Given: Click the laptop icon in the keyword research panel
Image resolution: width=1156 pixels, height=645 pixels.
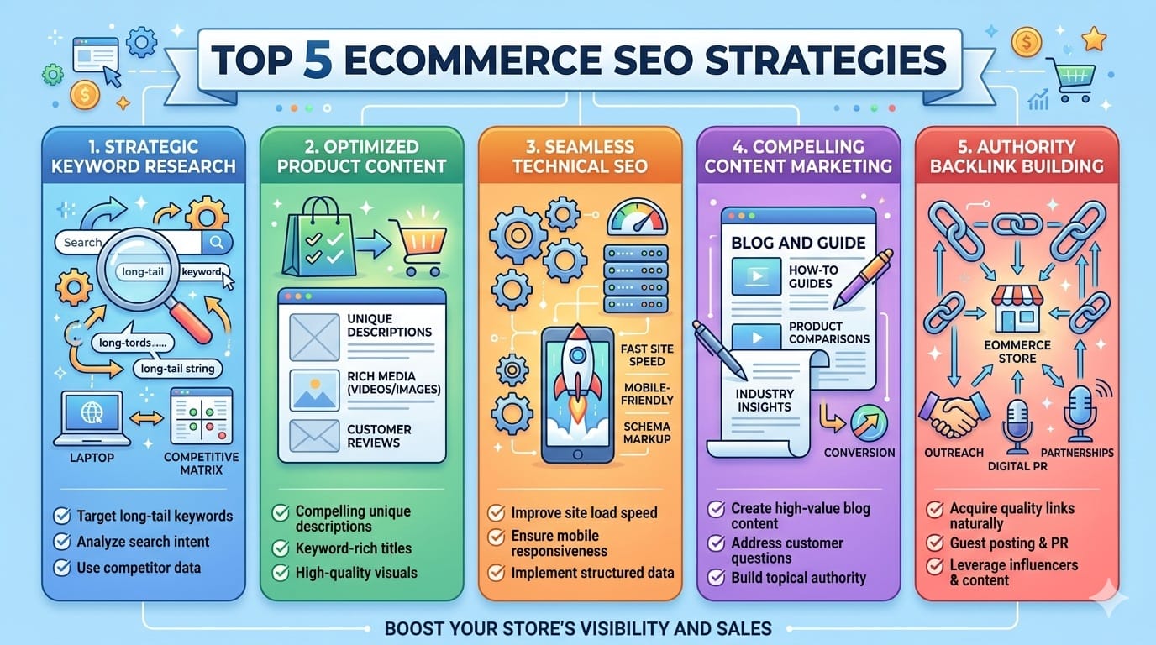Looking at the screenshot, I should coord(92,418).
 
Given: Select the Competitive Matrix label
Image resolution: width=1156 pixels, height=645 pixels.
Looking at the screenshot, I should coord(200,463).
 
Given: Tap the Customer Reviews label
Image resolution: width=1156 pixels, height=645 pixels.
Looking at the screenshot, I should coord(379,436).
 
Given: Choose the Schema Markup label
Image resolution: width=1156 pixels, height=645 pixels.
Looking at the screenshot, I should coord(647,434).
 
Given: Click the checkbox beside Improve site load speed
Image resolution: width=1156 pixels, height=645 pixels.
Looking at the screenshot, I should coord(497,512).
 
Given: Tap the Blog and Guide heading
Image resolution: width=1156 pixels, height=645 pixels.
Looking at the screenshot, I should coord(797,243).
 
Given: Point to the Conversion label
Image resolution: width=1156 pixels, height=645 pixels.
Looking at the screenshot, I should coord(859,453).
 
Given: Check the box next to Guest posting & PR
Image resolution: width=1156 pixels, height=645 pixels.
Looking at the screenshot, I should coord(933,543).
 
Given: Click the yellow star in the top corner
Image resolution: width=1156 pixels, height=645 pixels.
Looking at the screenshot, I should coord(1094,38).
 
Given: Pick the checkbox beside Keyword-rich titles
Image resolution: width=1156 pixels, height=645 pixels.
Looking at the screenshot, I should coord(281,548).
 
